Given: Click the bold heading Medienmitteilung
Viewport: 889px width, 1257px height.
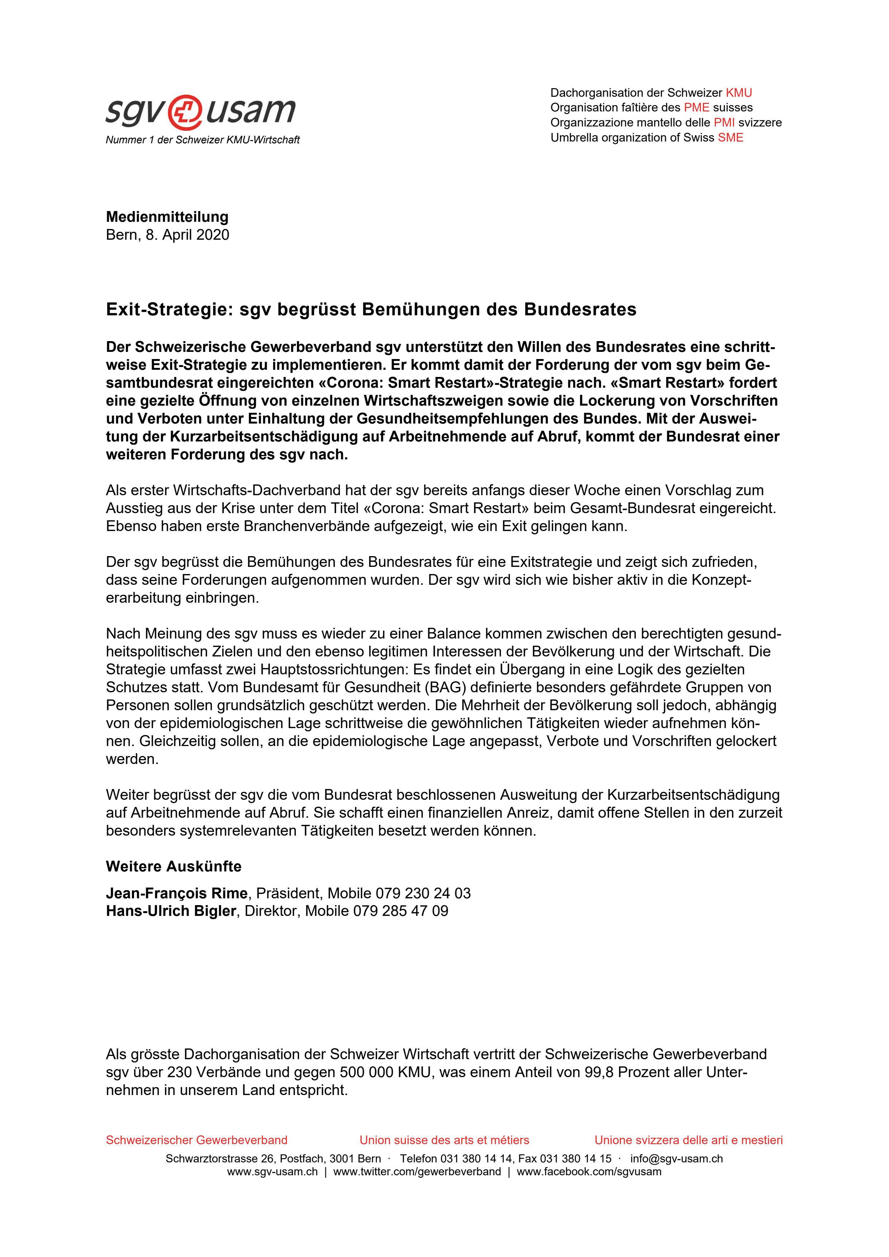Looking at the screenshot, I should (167, 217).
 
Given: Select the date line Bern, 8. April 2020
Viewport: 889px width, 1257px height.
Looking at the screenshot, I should (167, 235).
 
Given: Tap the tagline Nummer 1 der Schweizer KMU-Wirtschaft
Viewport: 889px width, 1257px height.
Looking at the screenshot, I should (203, 140).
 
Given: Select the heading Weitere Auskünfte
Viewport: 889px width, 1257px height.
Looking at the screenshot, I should (174, 867).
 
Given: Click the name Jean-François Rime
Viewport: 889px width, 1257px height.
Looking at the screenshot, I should (176, 893).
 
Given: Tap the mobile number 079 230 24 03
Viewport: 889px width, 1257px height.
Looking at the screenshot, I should (423, 893).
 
